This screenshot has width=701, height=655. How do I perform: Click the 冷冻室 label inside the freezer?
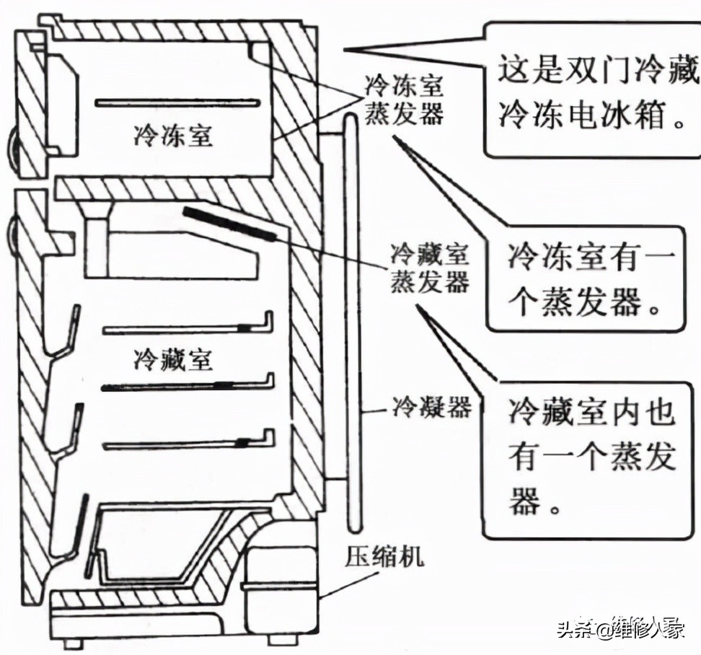tap(173, 134)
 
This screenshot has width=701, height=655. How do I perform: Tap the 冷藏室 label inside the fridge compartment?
tap(173, 359)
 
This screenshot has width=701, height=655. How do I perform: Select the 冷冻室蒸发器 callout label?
tap(404, 100)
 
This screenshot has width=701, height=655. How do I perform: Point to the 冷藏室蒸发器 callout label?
tap(430, 268)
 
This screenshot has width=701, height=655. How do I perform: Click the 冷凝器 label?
tap(431, 408)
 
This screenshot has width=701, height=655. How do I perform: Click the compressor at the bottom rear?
tap(278, 569)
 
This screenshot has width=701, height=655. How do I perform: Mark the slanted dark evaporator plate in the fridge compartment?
tap(231, 223)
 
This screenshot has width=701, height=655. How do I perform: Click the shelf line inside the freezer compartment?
tap(177, 102)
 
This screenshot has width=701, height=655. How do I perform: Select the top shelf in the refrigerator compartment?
tap(188, 329)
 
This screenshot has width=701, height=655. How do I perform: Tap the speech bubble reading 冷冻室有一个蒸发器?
tap(584, 279)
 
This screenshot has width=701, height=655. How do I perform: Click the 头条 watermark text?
tap(574, 630)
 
